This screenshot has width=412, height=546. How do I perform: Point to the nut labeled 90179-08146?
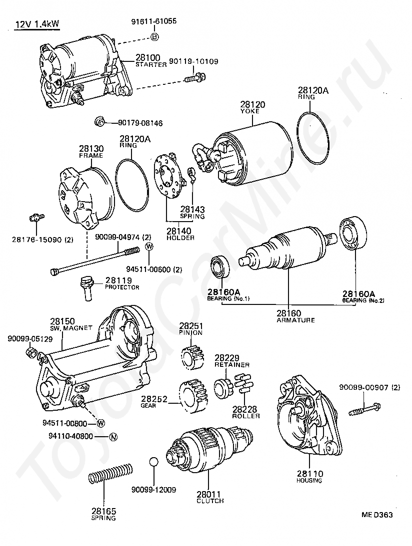pos(99,121)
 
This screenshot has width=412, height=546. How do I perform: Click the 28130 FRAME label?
pos(90,151)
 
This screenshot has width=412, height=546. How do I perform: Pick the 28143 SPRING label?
pos(192,213)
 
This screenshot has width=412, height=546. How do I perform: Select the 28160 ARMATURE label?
pos(295,316)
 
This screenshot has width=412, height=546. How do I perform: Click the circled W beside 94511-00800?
pos(100,423)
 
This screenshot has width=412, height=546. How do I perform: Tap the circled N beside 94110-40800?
pos(113,437)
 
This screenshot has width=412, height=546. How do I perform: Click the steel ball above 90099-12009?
pos(154,462)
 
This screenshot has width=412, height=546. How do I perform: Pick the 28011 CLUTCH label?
pos(210,497)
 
